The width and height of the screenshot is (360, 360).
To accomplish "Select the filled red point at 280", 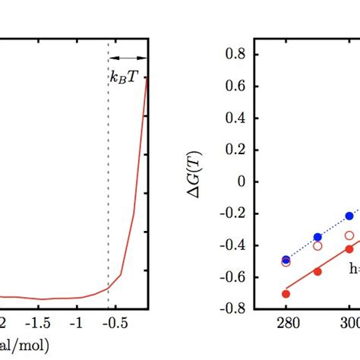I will tap(286, 294).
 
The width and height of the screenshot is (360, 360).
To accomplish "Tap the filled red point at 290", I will tap(317, 271).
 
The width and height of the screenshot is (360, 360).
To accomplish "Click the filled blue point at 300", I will tap(349, 216).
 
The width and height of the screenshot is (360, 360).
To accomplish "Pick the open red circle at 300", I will tap(349, 235).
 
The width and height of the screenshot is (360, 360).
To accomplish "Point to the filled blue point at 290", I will tap(317, 238).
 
